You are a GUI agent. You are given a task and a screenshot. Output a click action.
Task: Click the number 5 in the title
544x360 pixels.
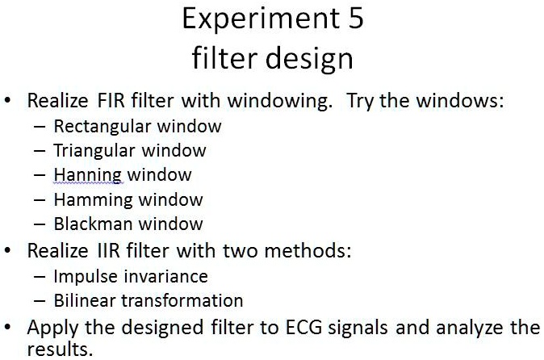(x=356, y=19)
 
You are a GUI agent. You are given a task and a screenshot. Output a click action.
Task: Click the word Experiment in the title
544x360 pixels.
(x=261, y=20)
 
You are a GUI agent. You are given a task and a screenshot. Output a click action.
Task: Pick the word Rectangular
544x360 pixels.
(x=103, y=127)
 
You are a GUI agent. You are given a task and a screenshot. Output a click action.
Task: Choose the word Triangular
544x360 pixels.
(x=94, y=151)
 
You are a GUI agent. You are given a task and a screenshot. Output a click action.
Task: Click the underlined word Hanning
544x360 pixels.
(x=87, y=175)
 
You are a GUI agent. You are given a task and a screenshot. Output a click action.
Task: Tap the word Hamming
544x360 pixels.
(x=94, y=200)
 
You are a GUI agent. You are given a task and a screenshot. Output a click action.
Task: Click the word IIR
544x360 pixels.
(x=109, y=250)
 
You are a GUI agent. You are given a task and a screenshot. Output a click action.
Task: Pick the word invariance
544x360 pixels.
(x=165, y=277)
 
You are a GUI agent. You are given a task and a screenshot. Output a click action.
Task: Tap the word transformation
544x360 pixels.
(x=182, y=301)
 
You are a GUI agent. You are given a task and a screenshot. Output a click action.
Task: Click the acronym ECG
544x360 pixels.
(x=303, y=328)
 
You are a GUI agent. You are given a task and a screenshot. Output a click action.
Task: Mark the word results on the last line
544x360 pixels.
(x=60, y=350)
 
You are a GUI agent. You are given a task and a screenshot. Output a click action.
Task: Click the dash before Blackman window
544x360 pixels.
(x=40, y=224)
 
